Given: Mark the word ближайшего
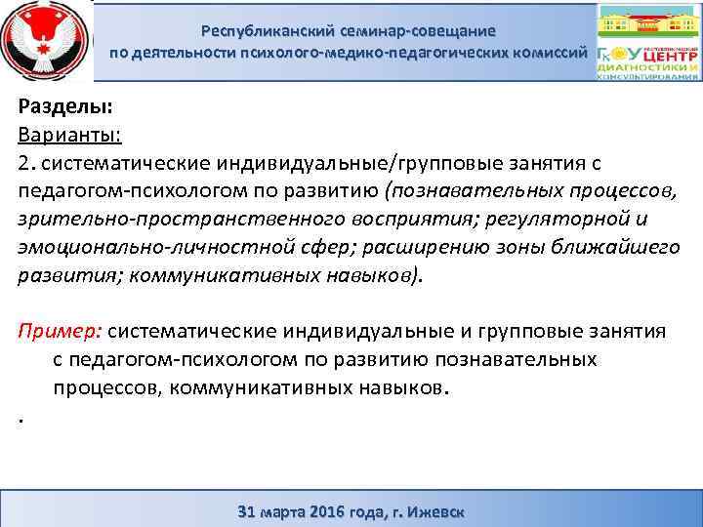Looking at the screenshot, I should coord(622,248).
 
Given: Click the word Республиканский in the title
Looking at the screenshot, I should coord(276,31).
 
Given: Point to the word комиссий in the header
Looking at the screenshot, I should coord(549,52).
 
